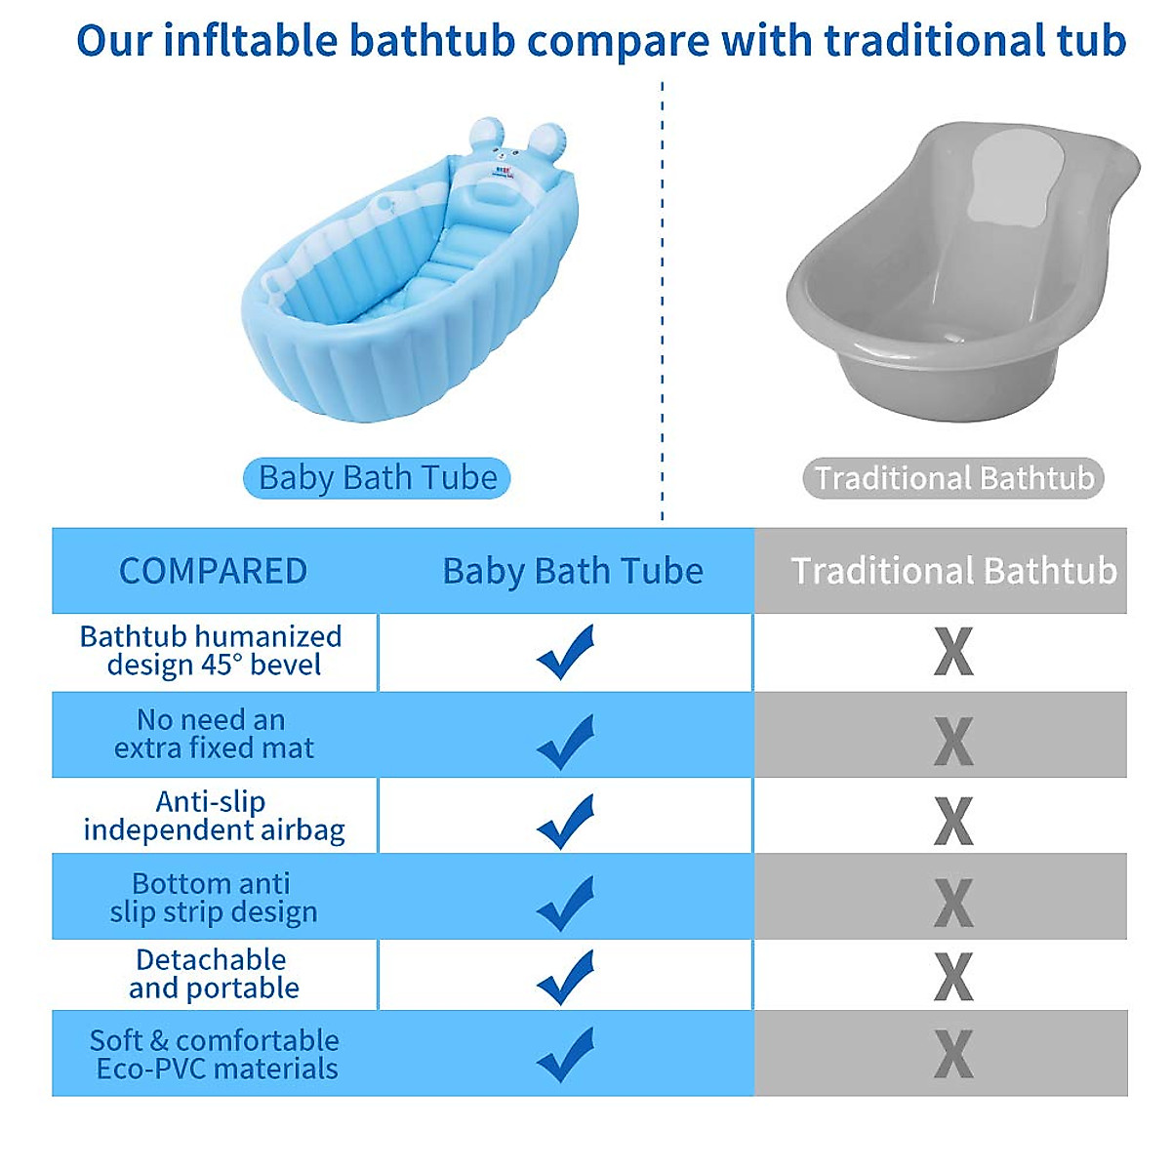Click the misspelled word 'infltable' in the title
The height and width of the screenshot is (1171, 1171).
250,41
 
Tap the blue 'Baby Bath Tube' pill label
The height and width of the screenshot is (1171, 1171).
377,478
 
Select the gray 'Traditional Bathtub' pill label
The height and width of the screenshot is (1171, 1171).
953,478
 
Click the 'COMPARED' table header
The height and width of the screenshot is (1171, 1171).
213,571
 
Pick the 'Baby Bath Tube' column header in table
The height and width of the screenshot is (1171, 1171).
573,571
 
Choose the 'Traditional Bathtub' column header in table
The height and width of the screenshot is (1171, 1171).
953,571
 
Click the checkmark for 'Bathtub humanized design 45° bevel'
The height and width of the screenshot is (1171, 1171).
566,652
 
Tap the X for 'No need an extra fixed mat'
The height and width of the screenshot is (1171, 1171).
953,742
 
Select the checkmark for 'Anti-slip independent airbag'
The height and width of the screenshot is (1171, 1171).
566,822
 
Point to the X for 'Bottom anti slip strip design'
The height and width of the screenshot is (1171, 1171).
953,903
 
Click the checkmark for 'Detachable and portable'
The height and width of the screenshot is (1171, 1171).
566,977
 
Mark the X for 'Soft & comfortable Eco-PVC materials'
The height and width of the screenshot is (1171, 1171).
953,1054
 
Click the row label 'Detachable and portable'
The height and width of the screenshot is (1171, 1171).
213,974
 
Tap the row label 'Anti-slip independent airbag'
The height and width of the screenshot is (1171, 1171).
213,816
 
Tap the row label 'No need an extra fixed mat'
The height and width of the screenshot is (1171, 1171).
213,734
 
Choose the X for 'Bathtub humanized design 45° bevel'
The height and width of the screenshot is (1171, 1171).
953,652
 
